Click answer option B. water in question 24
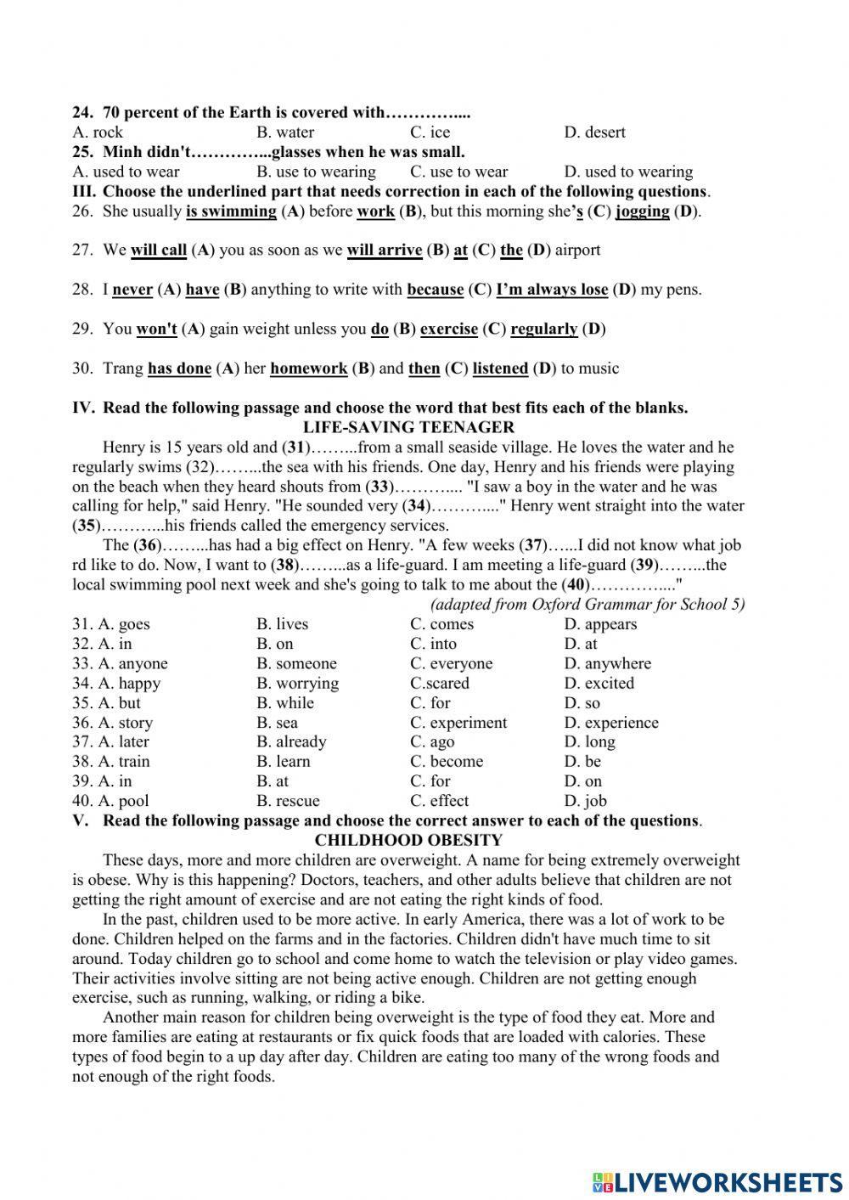pyautogui.click(x=285, y=132)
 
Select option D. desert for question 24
pyautogui.click(x=594, y=132)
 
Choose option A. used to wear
pyautogui.click(x=127, y=172)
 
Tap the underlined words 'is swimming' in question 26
pyautogui.click(x=231, y=211)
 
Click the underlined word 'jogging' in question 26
pyautogui.click(x=642, y=211)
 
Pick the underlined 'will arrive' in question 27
pyautogui.click(x=384, y=251)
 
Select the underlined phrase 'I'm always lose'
pyautogui.click(x=552, y=290)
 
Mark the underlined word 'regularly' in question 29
pyautogui.click(x=543, y=329)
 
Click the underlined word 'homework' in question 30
pyautogui.click(x=308, y=369)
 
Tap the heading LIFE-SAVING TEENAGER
pyautogui.click(x=408, y=427)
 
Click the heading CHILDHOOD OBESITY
pyautogui.click(x=408, y=840)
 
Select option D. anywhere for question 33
pyautogui.click(x=607, y=663)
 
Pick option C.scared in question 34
pyautogui.click(x=439, y=683)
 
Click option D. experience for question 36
pyautogui.click(x=610, y=723)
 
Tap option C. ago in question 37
pyautogui.click(x=432, y=741)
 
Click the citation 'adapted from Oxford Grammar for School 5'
pyautogui.click(x=588, y=604)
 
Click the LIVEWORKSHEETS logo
pyautogui.click(x=717, y=1181)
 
